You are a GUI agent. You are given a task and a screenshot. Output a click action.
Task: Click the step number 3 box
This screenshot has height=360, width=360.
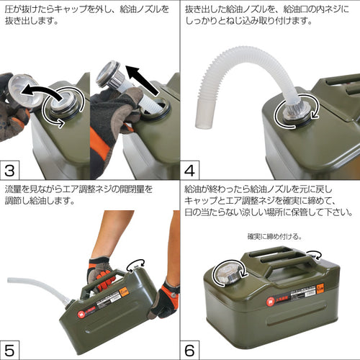click(9, 171)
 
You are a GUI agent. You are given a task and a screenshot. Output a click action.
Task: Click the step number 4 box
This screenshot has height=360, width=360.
click(189, 171)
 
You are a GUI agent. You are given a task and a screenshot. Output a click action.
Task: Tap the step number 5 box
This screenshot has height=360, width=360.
click(9, 351)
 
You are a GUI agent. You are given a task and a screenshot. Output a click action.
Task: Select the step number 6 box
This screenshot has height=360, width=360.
click(189, 351)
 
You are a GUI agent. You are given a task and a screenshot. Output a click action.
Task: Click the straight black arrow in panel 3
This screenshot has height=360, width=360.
click(142, 80)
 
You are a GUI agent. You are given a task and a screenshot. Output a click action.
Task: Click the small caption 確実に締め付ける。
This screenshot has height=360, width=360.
click(274, 237)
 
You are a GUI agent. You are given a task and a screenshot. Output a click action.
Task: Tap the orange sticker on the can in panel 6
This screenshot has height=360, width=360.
click(320, 289)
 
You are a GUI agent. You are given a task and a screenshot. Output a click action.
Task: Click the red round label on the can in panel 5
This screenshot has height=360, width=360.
click(81, 315)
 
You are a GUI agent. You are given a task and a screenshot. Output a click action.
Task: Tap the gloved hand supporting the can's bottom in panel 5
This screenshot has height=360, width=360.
click(165, 300)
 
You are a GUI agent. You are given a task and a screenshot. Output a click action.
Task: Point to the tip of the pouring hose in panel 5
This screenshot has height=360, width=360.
click(9, 280)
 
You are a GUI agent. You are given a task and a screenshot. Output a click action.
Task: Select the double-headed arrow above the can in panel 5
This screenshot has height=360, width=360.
click(136, 264)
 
